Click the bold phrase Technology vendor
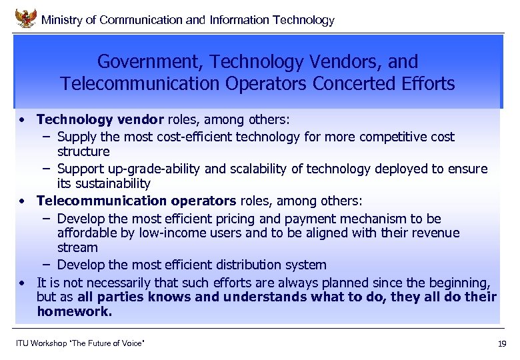pyautogui.click(x=100, y=119)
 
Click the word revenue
pyautogui.click(x=435, y=233)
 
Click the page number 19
pyautogui.click(x=502, y=344)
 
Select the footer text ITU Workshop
pyautogui.click(x=42, y=343)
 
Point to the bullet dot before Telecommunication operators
pyautogui.click(x=23, y=201)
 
